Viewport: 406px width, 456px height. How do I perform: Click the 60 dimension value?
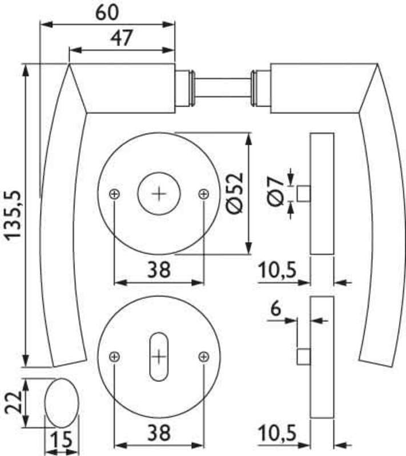[x=107, y=13]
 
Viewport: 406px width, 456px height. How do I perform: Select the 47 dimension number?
[x=122, y=38]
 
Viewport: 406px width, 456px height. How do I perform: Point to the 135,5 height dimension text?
[x=14, y=215]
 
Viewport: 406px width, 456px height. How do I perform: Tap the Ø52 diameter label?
[x=235, y=193]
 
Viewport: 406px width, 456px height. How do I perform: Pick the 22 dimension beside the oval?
[x=14, y=402]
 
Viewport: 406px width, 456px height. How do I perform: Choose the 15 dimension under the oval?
[x=61, y=439]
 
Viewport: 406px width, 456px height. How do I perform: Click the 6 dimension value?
[x=276, y=308]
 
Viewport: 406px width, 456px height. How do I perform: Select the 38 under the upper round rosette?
[x=159, y=269]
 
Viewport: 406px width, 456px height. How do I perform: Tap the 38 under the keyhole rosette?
[x=159, y=433]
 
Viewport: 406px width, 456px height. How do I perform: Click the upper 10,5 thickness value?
[x=278, y=270]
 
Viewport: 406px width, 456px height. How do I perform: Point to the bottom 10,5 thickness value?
[x=278, y=433]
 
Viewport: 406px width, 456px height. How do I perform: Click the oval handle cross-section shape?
[x=62, y=403]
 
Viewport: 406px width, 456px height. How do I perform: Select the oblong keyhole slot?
[x=159, y=357]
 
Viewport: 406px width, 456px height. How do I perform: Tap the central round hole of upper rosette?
[x=159, y=194]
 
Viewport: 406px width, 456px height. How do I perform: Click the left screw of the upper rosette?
[x=114, y=194]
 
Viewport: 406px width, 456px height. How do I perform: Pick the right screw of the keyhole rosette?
[x=204, y=357]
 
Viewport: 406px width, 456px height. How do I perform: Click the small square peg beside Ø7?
[x=303, y=193]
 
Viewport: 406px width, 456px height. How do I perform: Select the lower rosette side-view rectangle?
[x=322, y=357]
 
